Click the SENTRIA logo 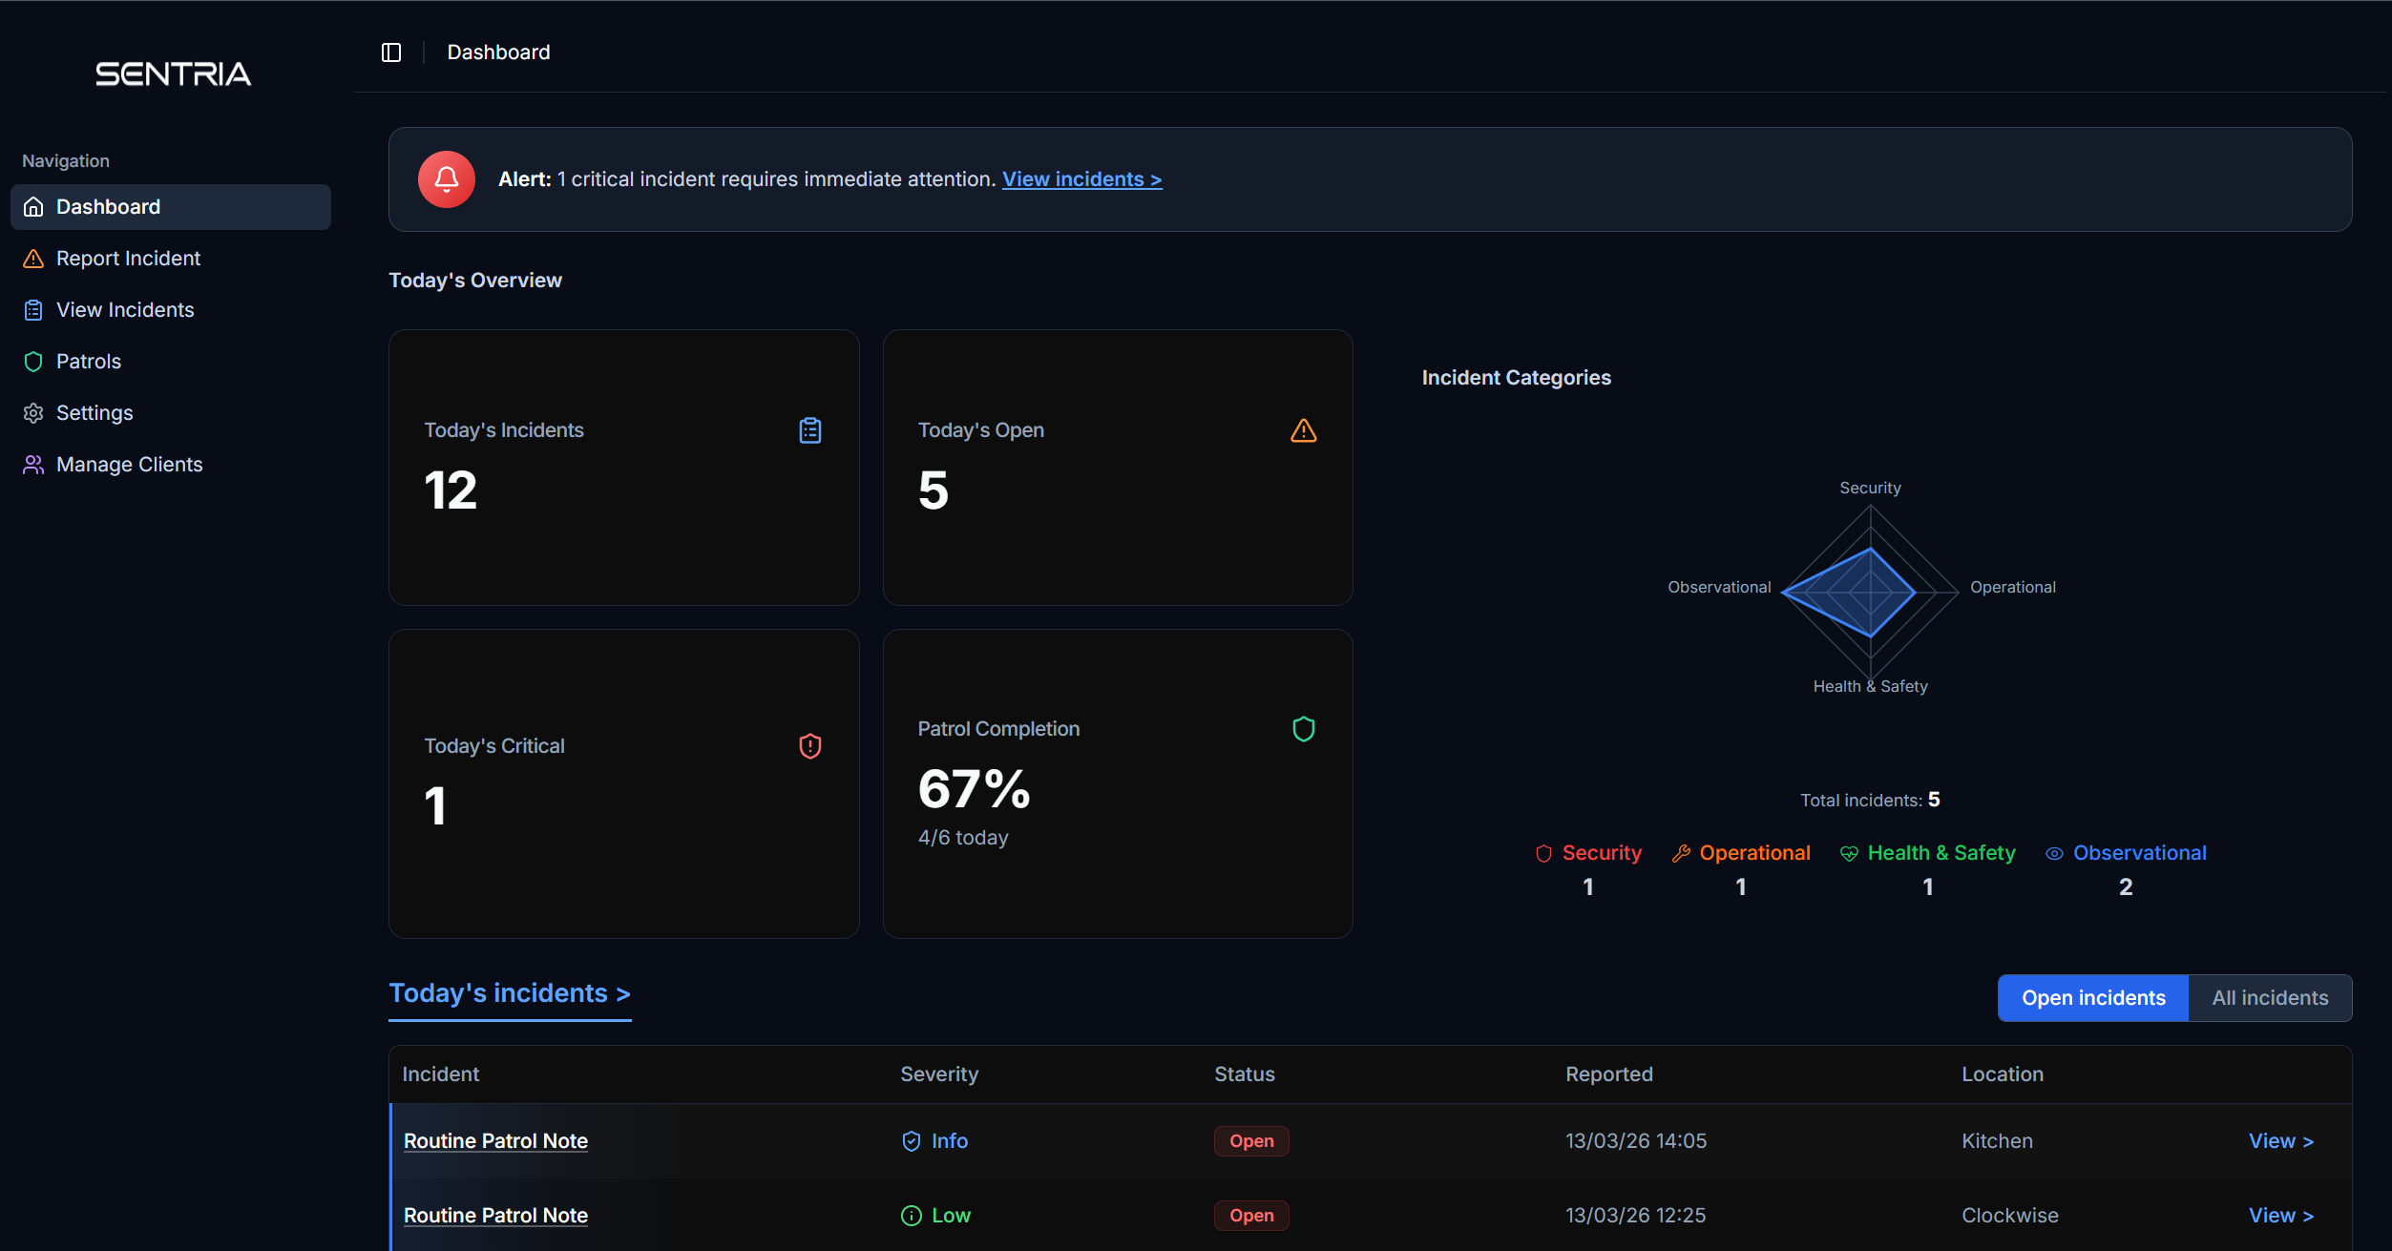[173, 73]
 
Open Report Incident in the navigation [128, 259]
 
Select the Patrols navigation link [88, 362]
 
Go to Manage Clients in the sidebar [129, 465]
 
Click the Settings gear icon [33, 413]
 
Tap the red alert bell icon [446, 179]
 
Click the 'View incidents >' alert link [1081, 179]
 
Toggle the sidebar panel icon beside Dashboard [391, 52]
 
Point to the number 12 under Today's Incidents [451, 490]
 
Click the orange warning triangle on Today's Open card [1303, 431]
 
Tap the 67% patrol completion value [974, 789]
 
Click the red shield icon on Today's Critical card [809, 746]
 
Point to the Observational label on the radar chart [1718, 587]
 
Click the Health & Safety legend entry [1940, 853]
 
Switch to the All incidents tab [2269, 998]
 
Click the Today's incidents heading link [509, 993]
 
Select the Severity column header [938, 1074]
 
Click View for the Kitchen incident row [2280, 1141]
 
